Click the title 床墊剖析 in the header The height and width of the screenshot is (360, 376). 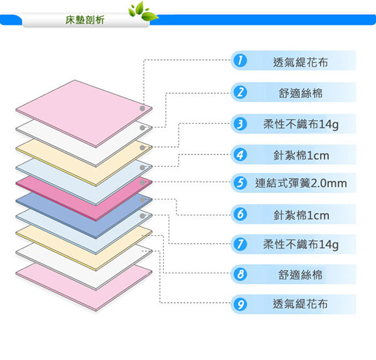tap(85, 20)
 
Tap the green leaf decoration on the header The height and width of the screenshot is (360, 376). tap(143, 11)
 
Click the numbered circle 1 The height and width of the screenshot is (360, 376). tap(240, 60)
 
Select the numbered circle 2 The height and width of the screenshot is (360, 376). tap(240, 92)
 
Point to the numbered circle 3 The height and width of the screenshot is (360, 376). tap(240, 124)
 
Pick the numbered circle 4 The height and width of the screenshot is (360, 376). tap(240, 154)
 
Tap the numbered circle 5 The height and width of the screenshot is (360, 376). tap(240, 183)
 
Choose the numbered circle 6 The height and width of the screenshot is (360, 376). tap(240, 214)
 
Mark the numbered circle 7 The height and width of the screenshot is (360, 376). tap(240, 244)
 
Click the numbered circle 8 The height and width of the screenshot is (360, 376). tap(240, 275)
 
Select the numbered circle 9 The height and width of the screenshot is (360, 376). tap(240, 304)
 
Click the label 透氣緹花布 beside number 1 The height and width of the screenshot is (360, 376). tap(300, 62)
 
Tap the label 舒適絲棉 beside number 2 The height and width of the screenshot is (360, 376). tap(300, 93)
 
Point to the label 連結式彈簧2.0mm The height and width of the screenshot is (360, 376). tap(301, 183)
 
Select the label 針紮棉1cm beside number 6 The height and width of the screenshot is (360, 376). tap(301, 215)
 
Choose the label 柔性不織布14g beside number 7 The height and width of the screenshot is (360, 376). tap(301, 244)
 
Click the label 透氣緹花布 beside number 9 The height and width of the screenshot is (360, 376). tap(300, 304)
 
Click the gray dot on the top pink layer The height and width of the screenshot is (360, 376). tap(142, 108)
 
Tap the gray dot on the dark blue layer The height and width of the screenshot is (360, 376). tap(142, 200)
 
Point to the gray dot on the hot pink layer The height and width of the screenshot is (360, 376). tap(142, 183)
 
